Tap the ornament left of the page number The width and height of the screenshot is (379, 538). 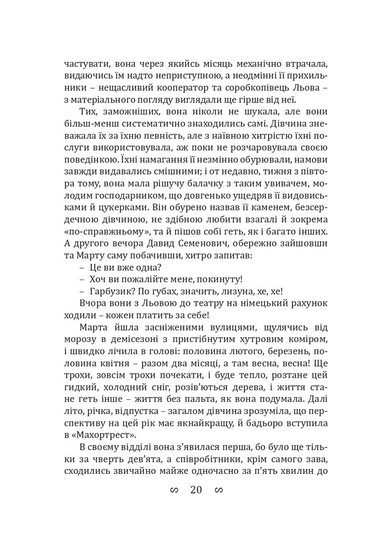174,491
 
